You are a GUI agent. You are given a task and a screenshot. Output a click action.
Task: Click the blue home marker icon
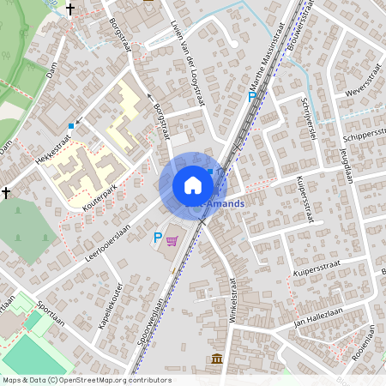click(193, 185)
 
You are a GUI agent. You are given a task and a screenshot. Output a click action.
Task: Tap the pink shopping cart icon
click(172, 240)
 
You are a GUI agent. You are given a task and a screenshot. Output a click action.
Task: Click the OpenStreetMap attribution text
click(87, 380)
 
